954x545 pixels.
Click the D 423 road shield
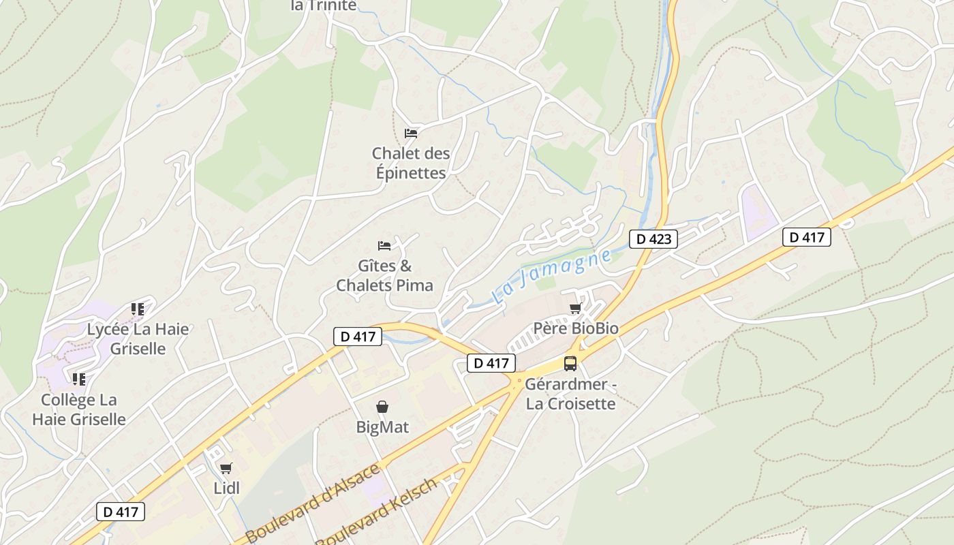[x=653, y=238]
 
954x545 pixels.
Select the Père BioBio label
[x=576, y=328]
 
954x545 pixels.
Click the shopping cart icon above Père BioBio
[x=576, y=309]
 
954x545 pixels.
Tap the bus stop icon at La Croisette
[x=570, y=363]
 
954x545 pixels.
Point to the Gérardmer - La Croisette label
[x=570, y=394]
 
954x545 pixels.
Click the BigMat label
[x=382, y=427]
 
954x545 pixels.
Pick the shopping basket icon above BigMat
[x=382, y=407]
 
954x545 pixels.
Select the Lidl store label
[x=226, y=488]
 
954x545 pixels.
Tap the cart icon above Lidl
[x=226, y=468]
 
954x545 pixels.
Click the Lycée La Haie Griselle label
[x=138, y=339]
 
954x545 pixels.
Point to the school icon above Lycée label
[x=138, y=309]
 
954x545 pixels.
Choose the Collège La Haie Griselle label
[x=79, y=409]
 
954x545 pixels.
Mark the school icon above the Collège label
[x=79, y=379]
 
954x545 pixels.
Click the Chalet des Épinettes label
[x=411, y=163]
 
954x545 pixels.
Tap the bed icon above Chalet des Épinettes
[x=411, y=133]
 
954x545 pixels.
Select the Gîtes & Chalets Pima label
[x=385, y=275]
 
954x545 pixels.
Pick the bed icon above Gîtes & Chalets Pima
[x=385, y=245]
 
